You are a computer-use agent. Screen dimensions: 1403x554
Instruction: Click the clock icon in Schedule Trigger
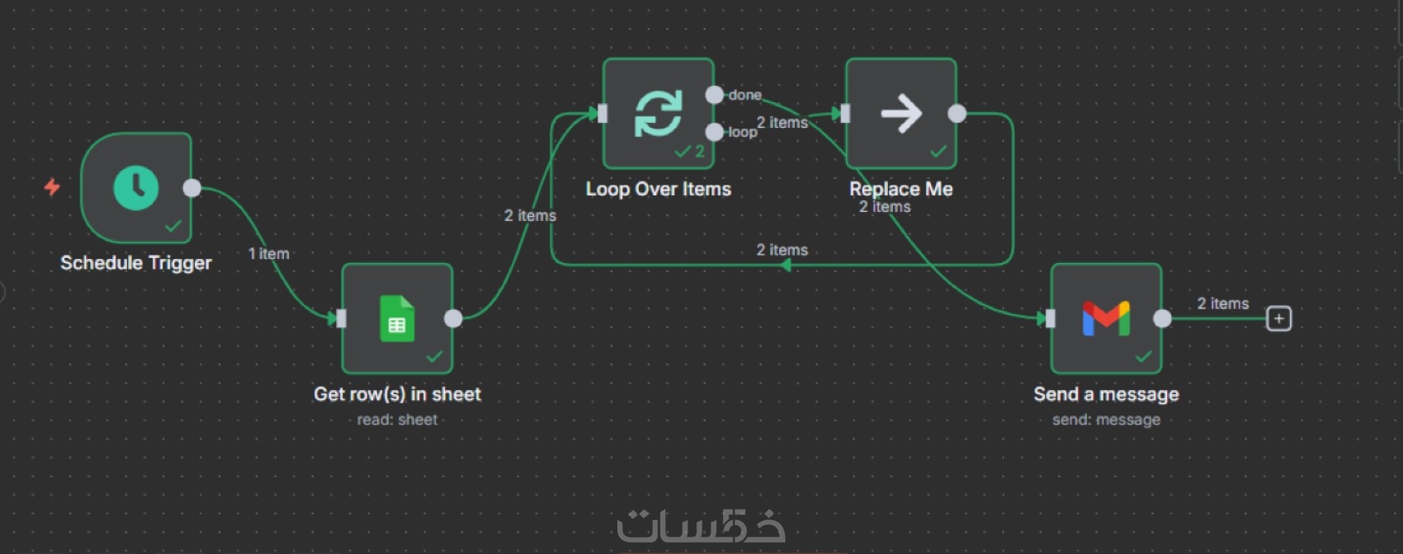pos(136,188)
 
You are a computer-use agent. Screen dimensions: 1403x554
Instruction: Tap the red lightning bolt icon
pos(52,186)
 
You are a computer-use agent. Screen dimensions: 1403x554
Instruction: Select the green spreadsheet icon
pos(397,318)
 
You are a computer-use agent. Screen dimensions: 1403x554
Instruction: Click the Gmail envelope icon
pos(1106,318)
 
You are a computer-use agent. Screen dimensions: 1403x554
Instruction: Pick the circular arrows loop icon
pos(659,113)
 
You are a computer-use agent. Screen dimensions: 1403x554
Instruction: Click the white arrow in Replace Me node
pos(901,113)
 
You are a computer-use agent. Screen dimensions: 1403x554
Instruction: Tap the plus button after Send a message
pos(1278,318)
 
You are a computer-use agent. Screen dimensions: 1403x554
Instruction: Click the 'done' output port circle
pos(714,95)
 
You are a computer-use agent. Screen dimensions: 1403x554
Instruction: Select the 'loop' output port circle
pos(714,132)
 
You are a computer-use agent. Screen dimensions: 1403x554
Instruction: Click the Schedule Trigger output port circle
pos(191,188)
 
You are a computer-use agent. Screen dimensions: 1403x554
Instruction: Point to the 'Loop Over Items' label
pos(659,189)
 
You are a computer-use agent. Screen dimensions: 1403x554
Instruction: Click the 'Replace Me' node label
pos(901,189)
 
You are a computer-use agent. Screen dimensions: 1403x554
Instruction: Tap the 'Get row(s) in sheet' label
pos(397,394)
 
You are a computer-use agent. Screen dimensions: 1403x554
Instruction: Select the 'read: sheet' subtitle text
pos(397,420)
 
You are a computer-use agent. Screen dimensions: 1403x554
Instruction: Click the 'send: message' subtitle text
pos(1106,420)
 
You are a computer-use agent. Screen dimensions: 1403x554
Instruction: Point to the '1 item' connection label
pos(269,254)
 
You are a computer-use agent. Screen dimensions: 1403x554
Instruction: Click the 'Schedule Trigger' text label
pos(136,263)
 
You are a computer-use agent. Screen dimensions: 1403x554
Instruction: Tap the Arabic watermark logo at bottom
pos(701,526)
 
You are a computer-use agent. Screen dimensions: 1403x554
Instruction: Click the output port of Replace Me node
pos(957,113)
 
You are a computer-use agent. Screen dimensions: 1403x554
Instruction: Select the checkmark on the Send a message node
pos(1143,357)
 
